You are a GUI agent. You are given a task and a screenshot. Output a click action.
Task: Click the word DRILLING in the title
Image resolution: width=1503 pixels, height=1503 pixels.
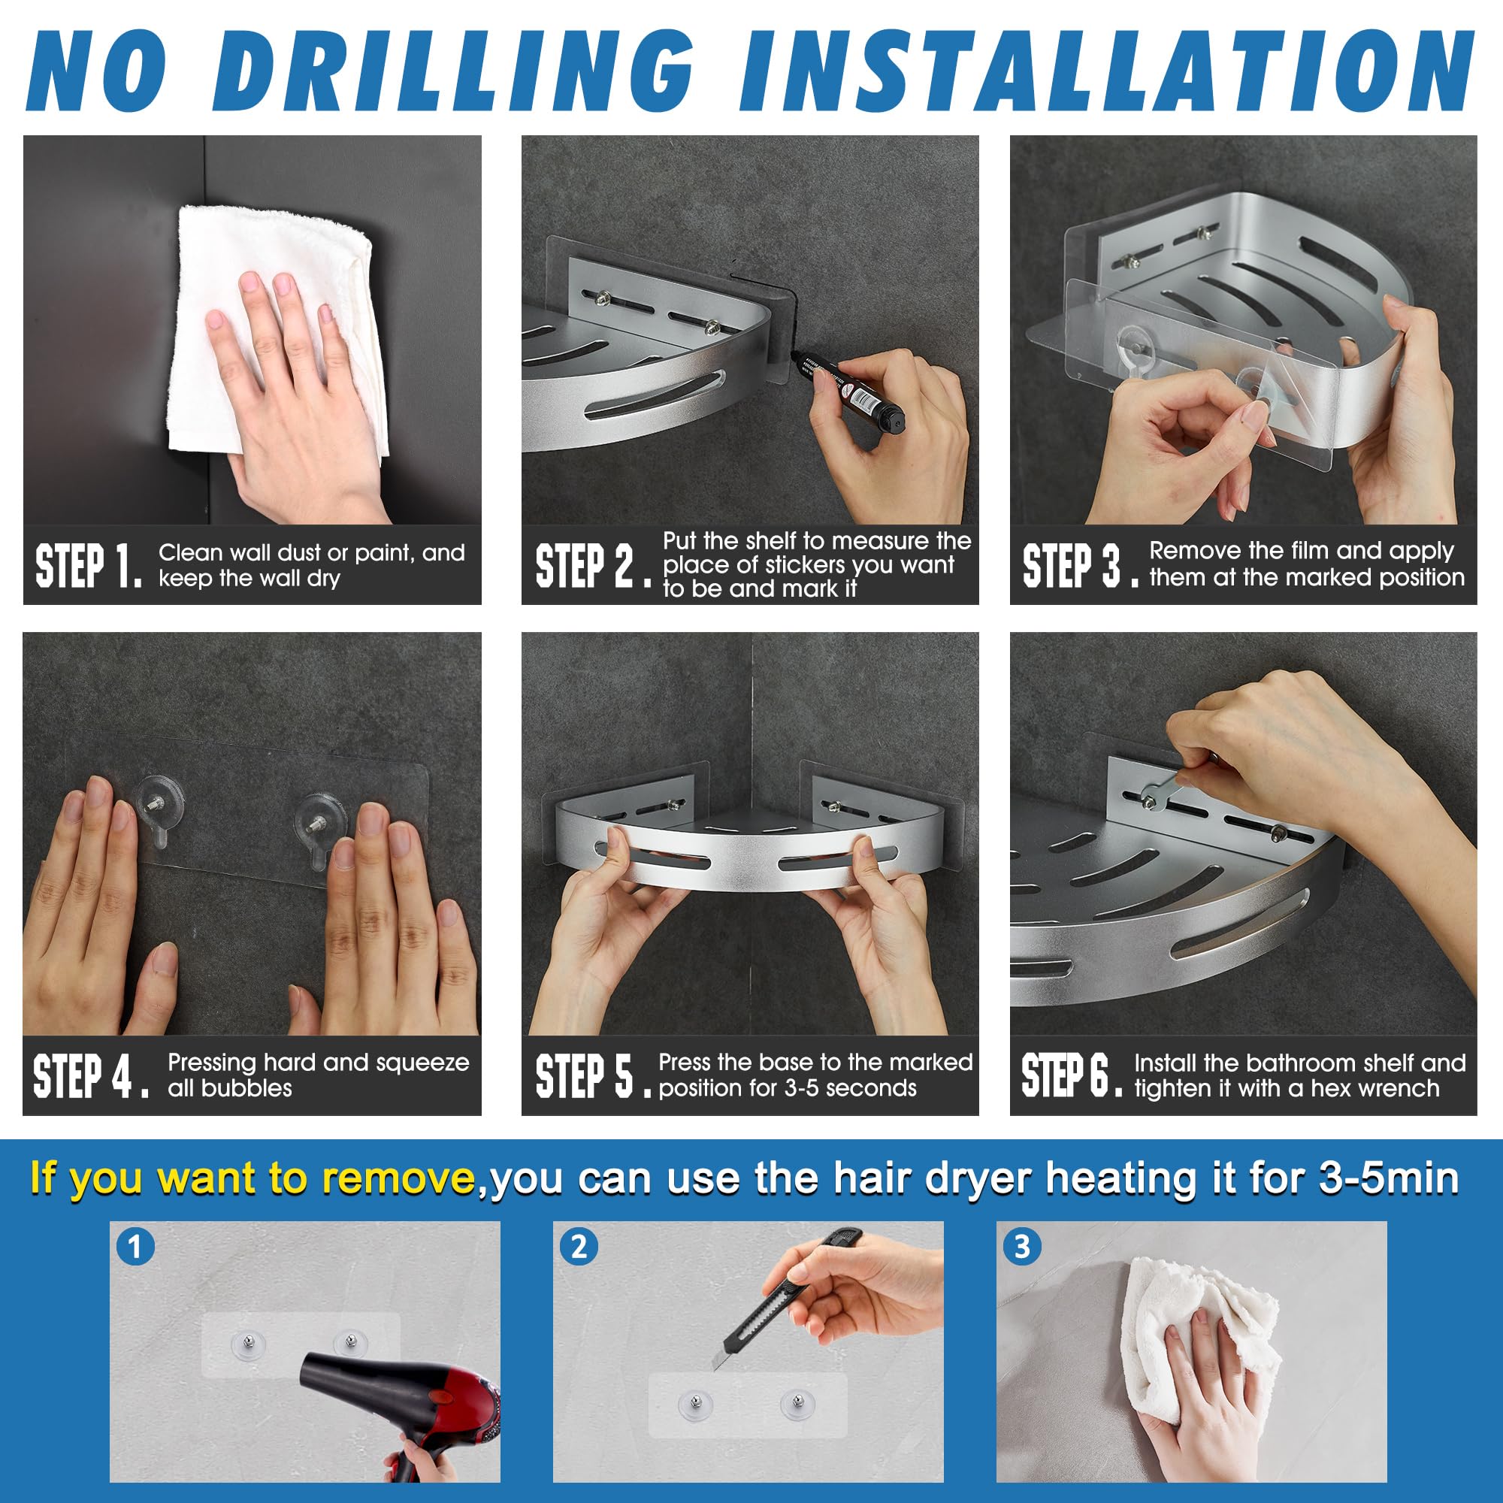coord(454,71)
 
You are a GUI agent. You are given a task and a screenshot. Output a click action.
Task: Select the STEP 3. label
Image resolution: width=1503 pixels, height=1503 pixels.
coord(1081,566)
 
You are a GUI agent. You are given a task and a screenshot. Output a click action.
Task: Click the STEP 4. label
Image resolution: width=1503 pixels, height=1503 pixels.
coord(90,1077)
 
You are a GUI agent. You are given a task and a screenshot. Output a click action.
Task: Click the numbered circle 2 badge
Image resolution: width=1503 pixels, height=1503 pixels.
coord(579,1247)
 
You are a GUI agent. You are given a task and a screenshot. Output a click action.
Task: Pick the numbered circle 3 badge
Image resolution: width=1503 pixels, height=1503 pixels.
coord(1022,1247)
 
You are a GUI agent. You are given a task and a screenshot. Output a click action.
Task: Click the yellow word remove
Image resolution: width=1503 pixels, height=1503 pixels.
coord(399,1178)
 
